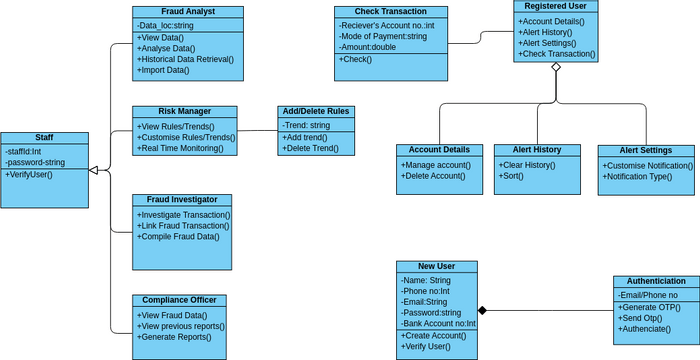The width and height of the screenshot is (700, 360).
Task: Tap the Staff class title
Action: pyautogui.click(x=44, y=138)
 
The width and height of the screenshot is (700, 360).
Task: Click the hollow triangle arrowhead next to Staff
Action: pyautogui.click(x=93, y=171)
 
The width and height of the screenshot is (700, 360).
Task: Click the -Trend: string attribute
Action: pyautogui.click(x=306, y=125)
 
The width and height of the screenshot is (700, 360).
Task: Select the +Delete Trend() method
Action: pyautogui.click(x=311, y=148)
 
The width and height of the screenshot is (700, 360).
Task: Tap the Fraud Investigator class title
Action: pyautogui.click(x=181, y=200)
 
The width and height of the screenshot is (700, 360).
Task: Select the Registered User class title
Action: pyautogui.click(x=556, y=6)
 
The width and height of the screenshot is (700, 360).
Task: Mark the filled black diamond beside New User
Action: pyautogui.click(x=482, y=310)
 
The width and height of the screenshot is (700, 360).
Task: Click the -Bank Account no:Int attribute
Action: pyautogui.click(x=436, y=324)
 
